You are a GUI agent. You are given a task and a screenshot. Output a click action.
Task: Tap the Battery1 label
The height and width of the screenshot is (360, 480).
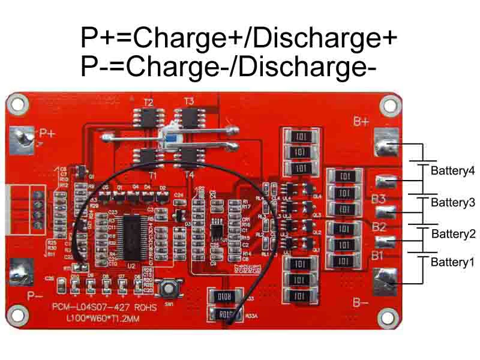(x=452, y=262)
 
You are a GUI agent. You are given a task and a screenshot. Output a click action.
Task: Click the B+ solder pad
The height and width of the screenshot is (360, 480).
(x=386, y=143)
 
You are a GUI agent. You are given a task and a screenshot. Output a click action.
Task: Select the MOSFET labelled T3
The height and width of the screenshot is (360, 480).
(x=188, y=116)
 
